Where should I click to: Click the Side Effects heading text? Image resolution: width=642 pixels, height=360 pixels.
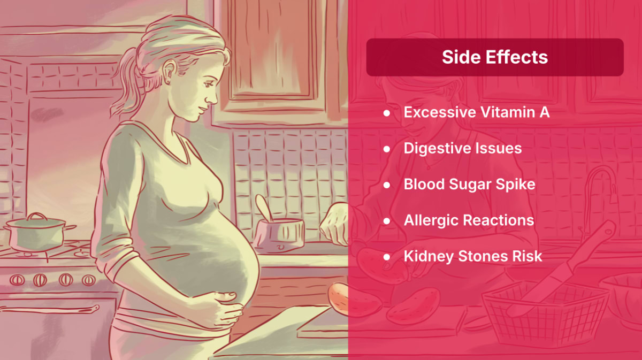pyautogui.click(x=495, y=57)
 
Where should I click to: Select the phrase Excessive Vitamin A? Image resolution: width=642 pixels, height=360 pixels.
pyautogui.click(x=477, y=112)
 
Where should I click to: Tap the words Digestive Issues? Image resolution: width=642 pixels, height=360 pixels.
pyautogui.click(x=463, y=149)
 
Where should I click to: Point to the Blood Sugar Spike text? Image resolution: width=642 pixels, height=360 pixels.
pyautogui.click(x=470, y=185)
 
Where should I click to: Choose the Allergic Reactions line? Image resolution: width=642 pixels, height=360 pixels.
pyautogui.click(x=469, y=220)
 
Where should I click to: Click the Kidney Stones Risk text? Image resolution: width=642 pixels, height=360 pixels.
pyautogui.click(x=473, y=256)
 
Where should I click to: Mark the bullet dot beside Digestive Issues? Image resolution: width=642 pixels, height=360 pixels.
pyautogui.click(x=387, y=149)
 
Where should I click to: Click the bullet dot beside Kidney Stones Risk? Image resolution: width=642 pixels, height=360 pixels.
pyautogui.click(x=387, y=257)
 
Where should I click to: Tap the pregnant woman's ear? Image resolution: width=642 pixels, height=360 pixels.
pyautogui.click(x=169, y=72)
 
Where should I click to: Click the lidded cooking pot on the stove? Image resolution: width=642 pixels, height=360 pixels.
pyautogui.click(x=37, y=232)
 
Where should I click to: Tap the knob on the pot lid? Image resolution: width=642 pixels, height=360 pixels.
pyautogui.click(x=37, y=216)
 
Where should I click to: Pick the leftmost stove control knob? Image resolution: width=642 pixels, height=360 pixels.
pyautogui.click(x=17, y=280)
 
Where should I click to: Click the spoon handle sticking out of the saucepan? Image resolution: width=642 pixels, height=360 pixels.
pyautogui.click(x=264, y=208)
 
